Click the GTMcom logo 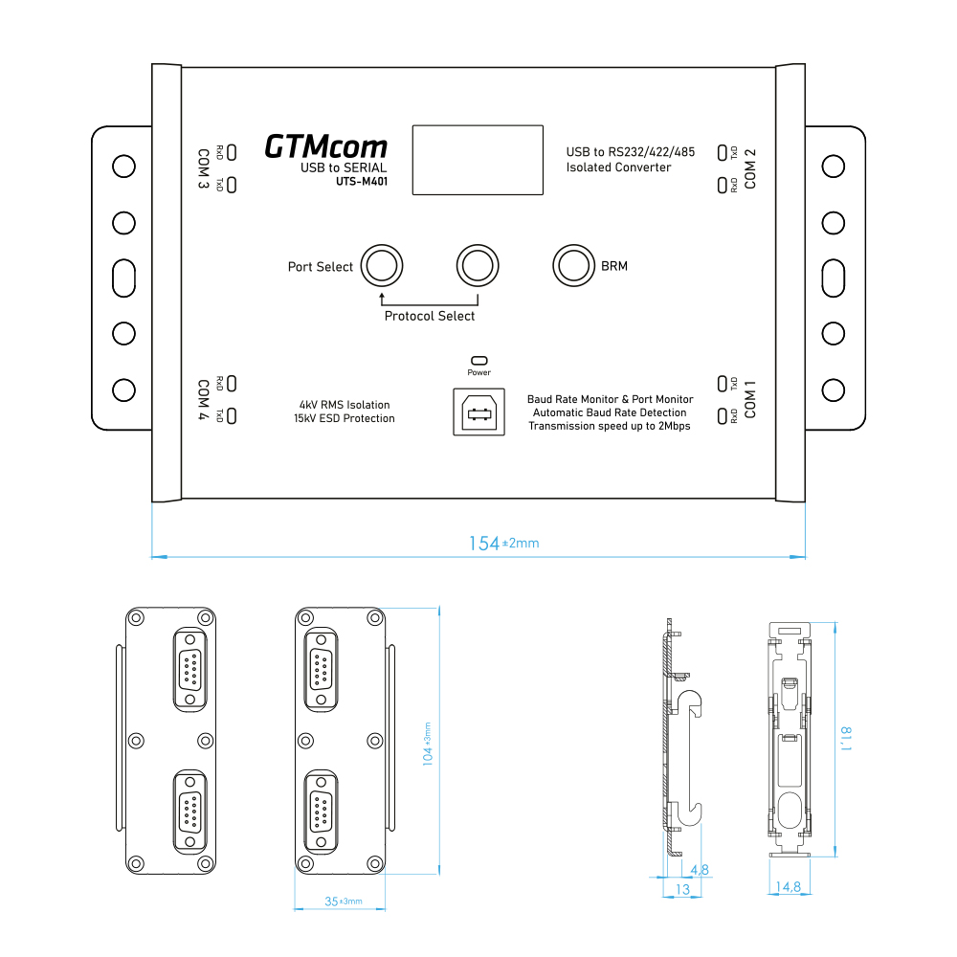[325, 146]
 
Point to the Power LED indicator [478, 361]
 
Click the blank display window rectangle [478, 160]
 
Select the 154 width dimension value [484, 543]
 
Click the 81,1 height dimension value [846, 738]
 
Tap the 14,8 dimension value [790, 887]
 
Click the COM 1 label [750, 399]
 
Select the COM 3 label [203, 168]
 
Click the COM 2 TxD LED [722, 151]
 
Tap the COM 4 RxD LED [232, 383]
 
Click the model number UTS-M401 [361, 182]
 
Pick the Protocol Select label [429, 316]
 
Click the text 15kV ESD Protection [345, 418]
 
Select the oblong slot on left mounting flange [123, 278]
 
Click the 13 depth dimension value [682, 889]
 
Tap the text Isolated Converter [618, 167]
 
